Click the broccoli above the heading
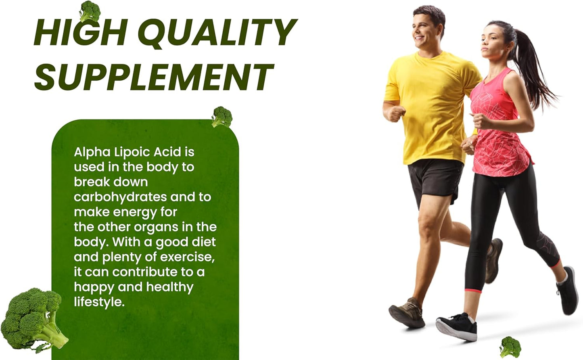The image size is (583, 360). (90, 10)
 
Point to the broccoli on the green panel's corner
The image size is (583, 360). (222, 117)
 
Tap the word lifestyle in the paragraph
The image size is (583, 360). (99, 302)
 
